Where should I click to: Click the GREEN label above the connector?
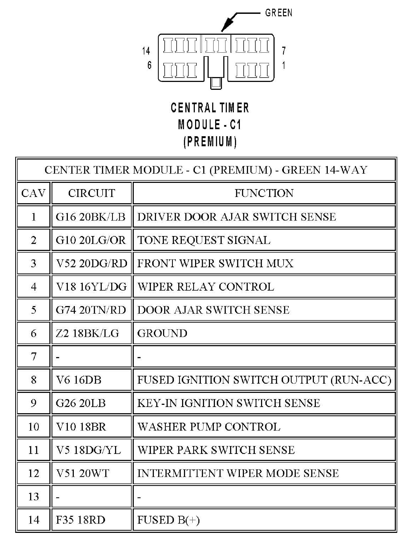279,13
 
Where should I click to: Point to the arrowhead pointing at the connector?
225,27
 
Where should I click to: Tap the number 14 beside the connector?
146,51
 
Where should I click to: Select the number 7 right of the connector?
284,50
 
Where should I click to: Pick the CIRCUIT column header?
91,193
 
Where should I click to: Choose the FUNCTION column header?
264,193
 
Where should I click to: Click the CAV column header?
33,193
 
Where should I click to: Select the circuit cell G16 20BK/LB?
91,217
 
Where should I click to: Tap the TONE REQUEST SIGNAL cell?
204,240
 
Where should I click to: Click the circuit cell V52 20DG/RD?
91,263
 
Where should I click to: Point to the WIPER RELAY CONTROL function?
206,287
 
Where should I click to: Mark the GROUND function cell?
162,333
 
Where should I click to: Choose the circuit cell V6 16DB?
79,380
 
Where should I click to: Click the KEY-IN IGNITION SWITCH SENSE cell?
228,403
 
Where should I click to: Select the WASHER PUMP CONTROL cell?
209,427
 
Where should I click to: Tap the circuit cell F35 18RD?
80,520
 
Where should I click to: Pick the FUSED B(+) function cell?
168,520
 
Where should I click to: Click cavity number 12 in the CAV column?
33,473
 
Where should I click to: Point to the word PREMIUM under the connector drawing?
210,142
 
